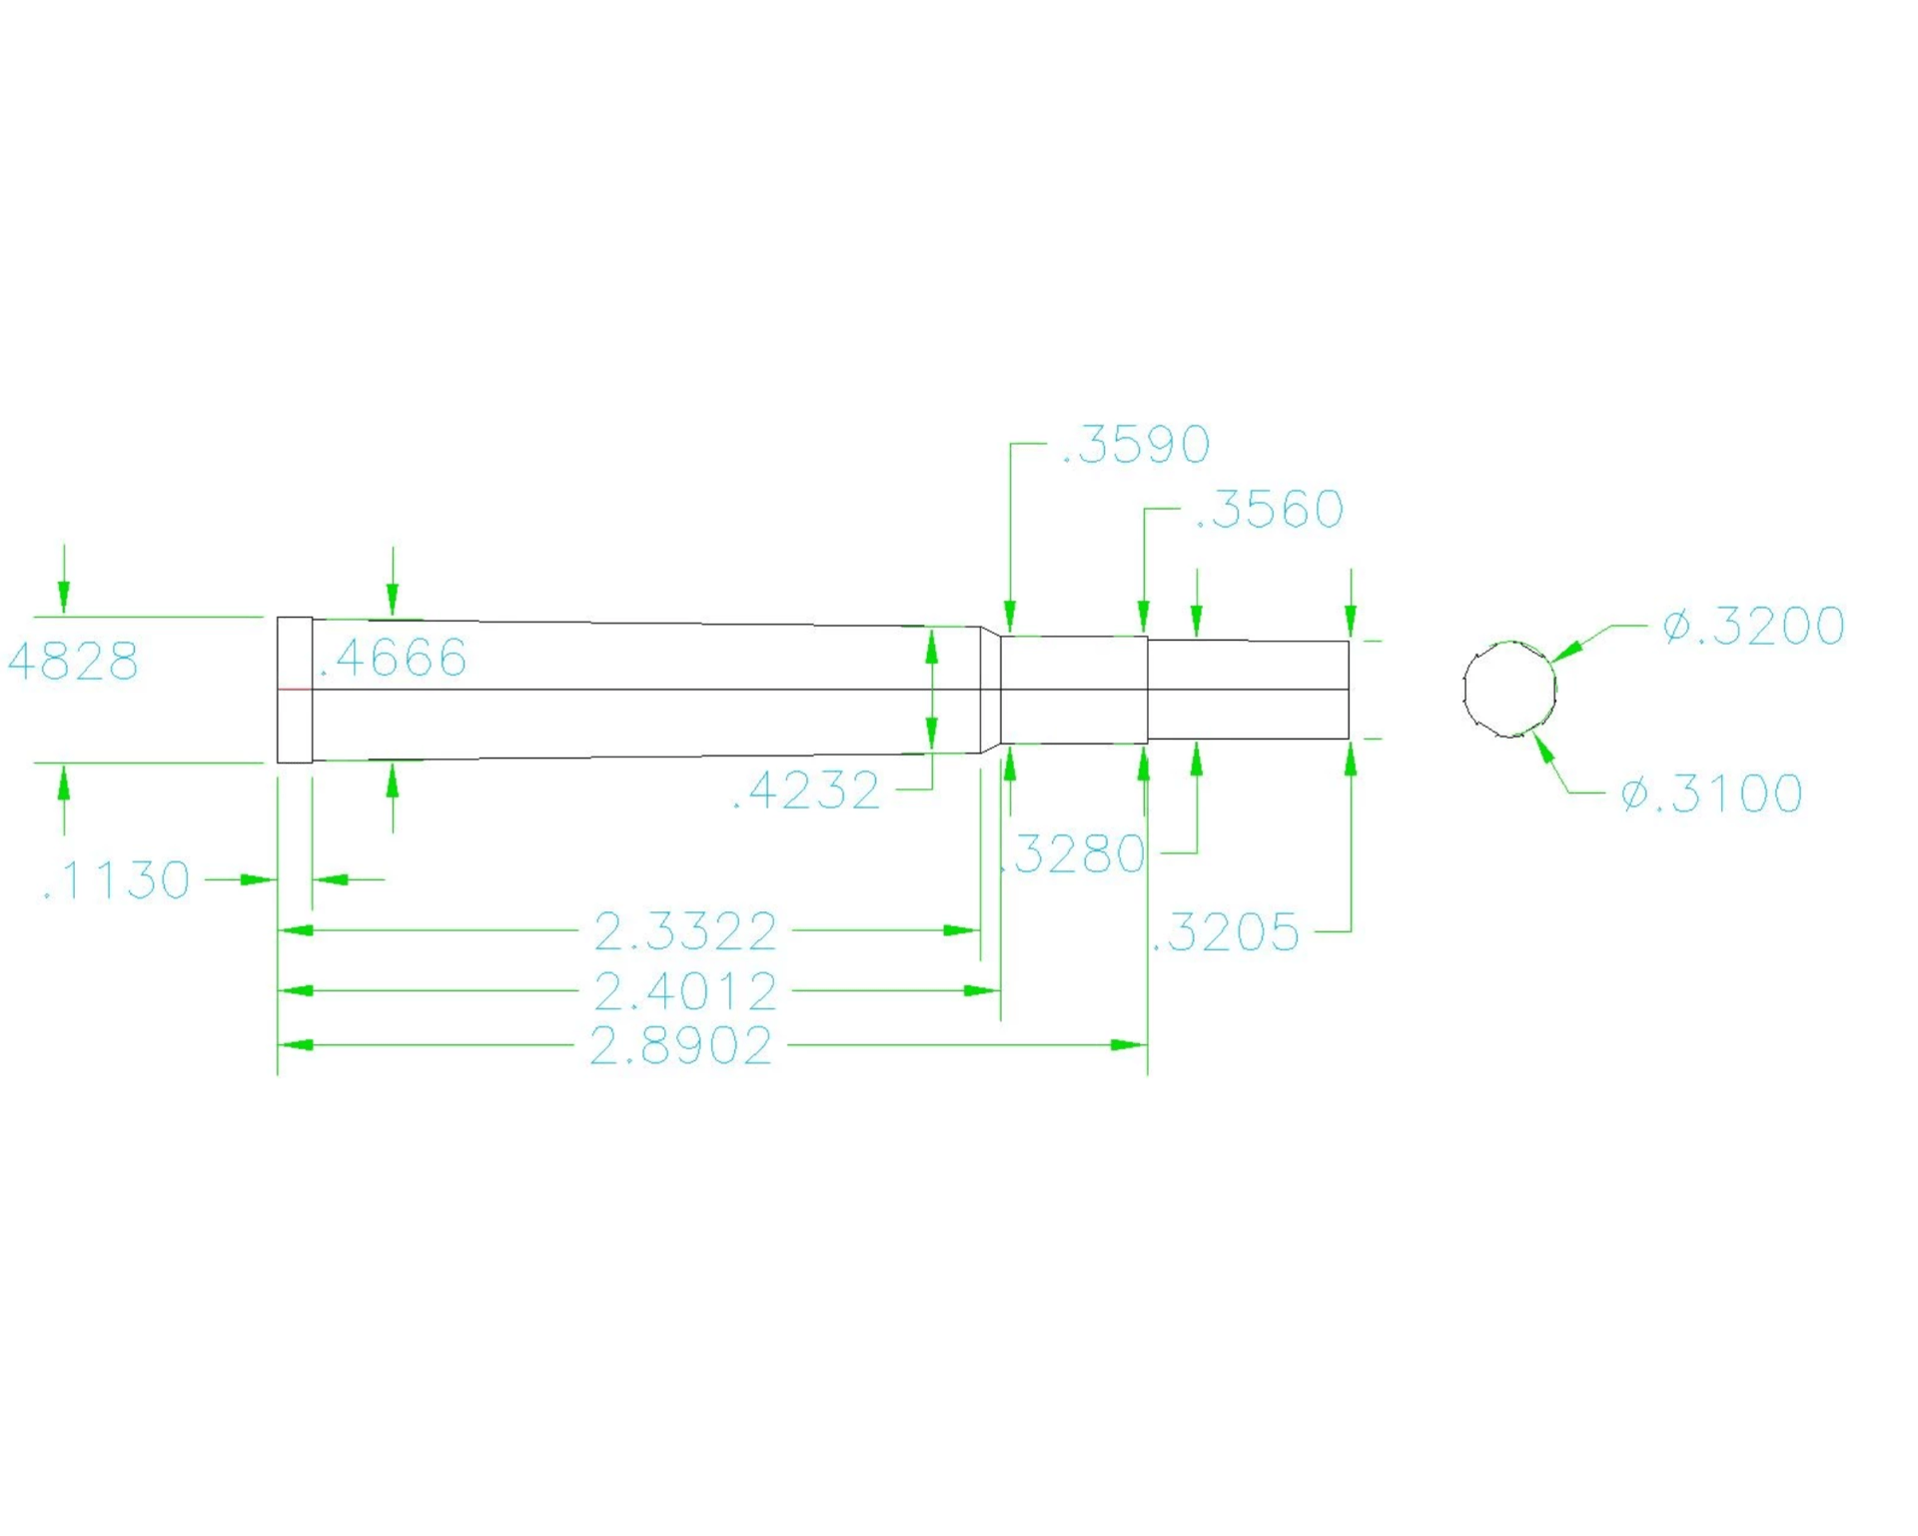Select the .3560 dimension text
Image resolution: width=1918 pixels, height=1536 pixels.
point(1270,510)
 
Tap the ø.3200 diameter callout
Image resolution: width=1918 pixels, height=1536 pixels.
point(1753,626)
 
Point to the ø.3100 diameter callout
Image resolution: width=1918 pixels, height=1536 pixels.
point(1711,793)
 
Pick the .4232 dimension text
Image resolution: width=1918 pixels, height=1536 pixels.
point(806,790)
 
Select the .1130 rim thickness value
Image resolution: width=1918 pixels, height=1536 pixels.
point(116,880)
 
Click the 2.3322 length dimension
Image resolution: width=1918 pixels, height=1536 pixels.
point(685,931)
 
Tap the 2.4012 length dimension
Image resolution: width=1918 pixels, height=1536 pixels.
point(685,991)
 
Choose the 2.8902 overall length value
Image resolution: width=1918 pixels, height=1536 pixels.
point(681,1046)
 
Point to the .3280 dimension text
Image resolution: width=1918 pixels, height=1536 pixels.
point(1074,853)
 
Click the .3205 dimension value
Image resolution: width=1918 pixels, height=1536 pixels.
point(1226,932)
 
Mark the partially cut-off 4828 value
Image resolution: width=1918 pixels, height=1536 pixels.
point(73,662)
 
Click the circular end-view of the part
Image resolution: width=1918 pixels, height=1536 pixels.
point(1463,690)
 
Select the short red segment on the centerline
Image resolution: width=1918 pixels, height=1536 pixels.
point(295,690)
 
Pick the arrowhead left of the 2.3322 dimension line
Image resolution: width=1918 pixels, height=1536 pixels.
point(296,930)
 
